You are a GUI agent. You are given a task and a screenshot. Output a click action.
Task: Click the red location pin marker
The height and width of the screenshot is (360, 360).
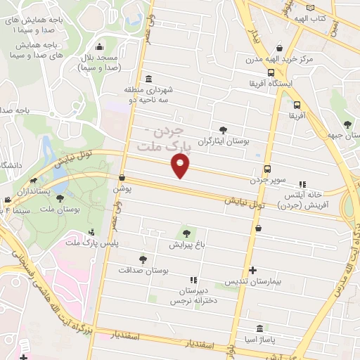pyautogui.click(x=181, y=166)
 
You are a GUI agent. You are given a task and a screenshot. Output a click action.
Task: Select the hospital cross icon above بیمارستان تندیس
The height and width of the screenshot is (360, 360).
pyautogui.click(x=253, y=270)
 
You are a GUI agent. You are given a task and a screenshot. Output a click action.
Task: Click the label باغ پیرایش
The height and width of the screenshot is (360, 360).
pyautogui.click(x=186, y=245)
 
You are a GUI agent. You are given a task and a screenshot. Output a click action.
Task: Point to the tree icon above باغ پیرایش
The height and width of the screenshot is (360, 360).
pyautogui.click(x=186, y=233)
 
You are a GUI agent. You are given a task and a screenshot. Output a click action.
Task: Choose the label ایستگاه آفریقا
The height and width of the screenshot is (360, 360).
pyautogui.click(x=271, y=83)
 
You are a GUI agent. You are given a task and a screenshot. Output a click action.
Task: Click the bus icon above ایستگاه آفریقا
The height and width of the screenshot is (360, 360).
pyautogui.click(x=271, y=72)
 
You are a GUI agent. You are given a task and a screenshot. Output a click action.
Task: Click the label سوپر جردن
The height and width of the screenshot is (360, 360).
pyautogui.click(x=267, y=181)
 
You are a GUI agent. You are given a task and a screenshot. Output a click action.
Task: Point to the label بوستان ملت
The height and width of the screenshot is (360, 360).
pyautogui.click(x=60, y=210)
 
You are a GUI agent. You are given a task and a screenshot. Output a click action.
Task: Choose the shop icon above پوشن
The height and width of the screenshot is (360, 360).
pyautogui.click(x=122, y=178)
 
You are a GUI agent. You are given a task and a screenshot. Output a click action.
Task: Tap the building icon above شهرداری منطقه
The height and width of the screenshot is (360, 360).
pyautogui.click(x=148, y=79)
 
